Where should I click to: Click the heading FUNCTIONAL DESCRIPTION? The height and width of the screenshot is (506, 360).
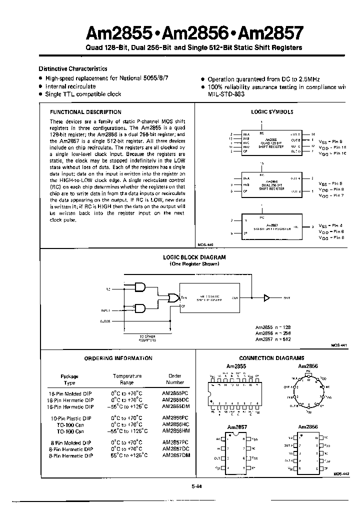coord(85,112)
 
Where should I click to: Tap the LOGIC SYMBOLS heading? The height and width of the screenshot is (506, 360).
coord(271,112)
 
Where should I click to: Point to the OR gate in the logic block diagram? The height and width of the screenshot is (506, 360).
coord(174,298)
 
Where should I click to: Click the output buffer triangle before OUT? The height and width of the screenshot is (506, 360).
coord(266,298)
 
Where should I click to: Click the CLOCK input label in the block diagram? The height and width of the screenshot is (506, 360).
coord(105,321)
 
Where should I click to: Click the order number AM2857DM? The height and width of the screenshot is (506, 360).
coord(176,455)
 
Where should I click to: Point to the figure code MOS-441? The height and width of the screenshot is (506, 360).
coord(338,345)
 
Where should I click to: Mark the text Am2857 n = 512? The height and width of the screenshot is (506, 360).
coord(272,339)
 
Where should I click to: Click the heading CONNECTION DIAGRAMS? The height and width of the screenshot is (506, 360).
coord(271,358)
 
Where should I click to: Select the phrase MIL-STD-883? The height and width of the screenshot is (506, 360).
coord(226,94)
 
